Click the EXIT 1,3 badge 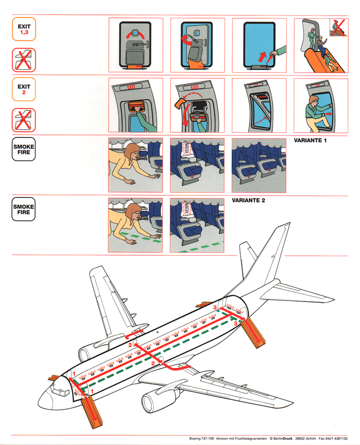click(x=24, y=29)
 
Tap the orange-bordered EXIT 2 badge click(x=24, y=89)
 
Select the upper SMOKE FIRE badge click(x=24, y=149)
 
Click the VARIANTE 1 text click(x=310, y=140)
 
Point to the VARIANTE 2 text click(x=248, y=201)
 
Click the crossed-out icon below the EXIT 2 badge click(x=24, y=120)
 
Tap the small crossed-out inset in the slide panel click(x=339, y=27)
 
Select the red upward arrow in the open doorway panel click(x=262, y=57)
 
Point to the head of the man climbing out click(x=313, y=100)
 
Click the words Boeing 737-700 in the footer click(x=202, y=438)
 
